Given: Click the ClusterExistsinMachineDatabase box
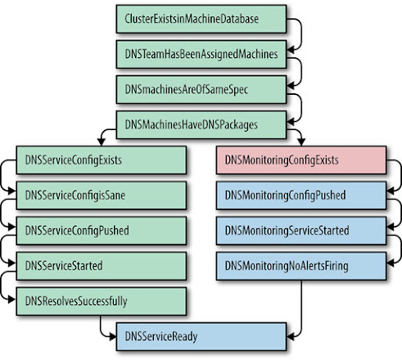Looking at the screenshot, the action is (201, 19).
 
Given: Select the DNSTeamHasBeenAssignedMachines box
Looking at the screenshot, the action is (201, 54).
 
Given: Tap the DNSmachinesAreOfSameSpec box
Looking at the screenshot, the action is (201, 89).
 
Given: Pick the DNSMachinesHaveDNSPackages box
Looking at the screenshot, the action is (201, 124).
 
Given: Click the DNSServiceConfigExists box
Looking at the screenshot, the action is (102, 160).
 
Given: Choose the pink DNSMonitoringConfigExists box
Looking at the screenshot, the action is (301, 160).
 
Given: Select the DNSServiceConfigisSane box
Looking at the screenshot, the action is (102, 196).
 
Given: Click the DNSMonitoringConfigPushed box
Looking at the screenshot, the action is (301, 196).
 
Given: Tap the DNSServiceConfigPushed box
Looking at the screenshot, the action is (102, 231).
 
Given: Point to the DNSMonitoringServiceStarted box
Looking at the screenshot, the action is (301, 231).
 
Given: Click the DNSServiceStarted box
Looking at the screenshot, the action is (102, 266).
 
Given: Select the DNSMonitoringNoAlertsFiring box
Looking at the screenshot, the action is (301, 266).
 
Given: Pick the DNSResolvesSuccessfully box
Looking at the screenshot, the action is (102, 301).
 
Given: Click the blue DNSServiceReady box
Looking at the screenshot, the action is (201, 336).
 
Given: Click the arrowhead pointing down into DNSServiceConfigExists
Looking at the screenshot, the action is (102, 142).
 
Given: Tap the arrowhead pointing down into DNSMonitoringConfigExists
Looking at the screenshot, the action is (301, 142).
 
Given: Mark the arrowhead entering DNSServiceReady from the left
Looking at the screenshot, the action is (113, 336).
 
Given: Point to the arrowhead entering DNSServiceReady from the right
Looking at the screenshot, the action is (290, 336).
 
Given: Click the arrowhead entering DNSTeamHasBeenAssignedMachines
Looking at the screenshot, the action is (290, 50).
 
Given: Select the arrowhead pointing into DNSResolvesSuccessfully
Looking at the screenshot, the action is (12, 299).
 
